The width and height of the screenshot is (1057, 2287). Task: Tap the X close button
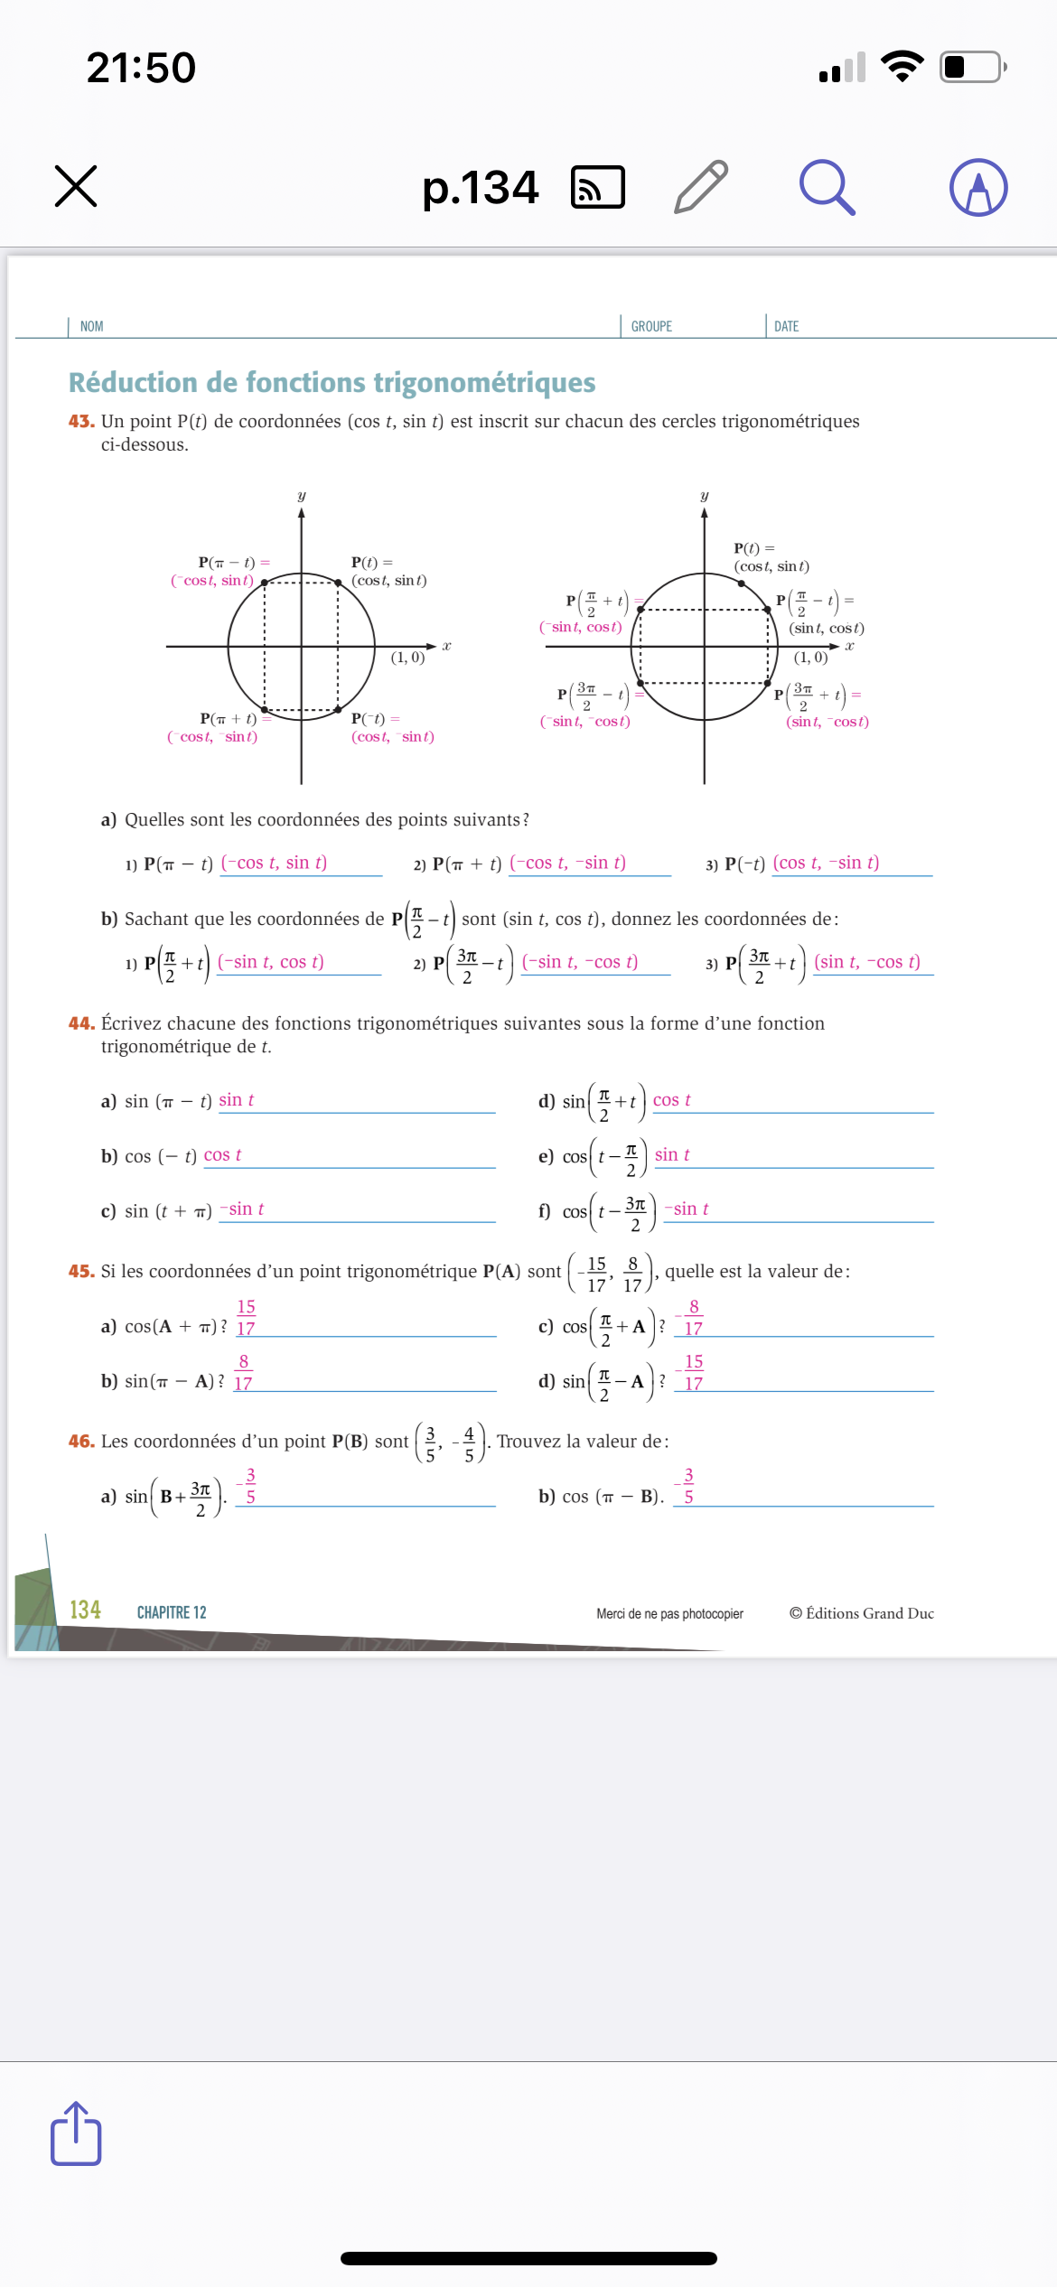tap(76, 186)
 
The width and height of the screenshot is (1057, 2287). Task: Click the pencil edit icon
tap(701, 186)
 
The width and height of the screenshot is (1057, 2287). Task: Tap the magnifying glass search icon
tap(827, 187)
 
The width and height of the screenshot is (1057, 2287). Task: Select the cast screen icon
tap(598, 187)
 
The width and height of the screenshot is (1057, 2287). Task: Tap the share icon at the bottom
tap(76, 2133)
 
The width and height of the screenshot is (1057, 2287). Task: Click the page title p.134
tap(480, 188)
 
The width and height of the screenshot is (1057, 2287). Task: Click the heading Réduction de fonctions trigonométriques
tap(332, 382)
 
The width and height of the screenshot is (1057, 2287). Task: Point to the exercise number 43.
tap(81, 421)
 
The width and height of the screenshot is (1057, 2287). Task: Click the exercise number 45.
tap(81, 1271)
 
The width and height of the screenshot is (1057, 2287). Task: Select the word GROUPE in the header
tap(651, 326)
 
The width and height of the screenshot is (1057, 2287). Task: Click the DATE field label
tap(786, 326)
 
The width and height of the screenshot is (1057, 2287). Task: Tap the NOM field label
tap(91, 326)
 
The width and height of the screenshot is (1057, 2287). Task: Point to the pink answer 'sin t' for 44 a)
tap(236, 1100)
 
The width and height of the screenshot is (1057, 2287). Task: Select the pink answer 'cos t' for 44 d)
tap(671, 1100)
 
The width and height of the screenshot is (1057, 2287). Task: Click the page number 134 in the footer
tap(85, 1610)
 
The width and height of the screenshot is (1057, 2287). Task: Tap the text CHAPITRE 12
tap(172, 1612)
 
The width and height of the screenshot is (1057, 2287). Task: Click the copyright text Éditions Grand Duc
tap(862, 1613)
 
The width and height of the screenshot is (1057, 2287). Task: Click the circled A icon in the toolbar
tap(978, 187)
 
